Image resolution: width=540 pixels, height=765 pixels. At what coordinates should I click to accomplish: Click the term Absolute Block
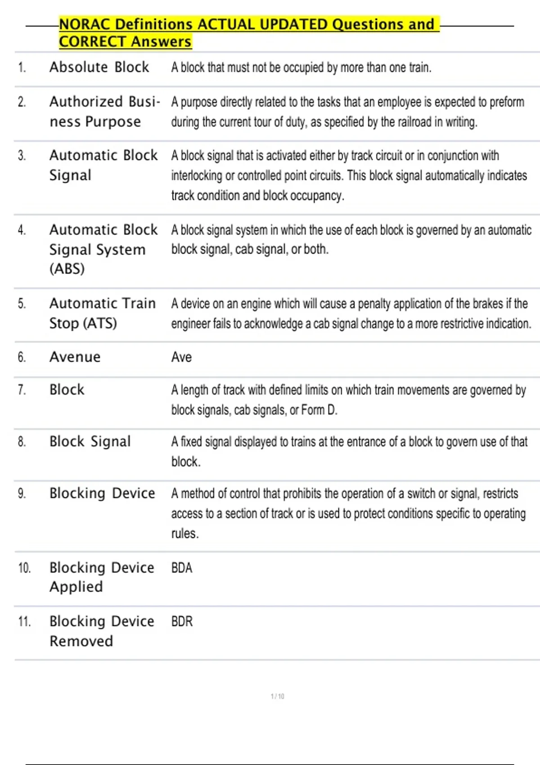click(99, 67)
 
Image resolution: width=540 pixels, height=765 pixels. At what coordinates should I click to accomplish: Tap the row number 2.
click(22, 102)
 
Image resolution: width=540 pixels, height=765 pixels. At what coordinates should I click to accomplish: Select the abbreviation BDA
click(182, 568)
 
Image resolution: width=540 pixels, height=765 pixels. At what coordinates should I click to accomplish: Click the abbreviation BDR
click(182, 621)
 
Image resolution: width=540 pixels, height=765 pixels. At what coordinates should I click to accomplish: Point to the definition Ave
click(181, 357)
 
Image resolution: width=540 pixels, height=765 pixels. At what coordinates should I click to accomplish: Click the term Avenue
click(75, 357)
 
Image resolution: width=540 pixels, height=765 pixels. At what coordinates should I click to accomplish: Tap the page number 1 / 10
click(277, 696)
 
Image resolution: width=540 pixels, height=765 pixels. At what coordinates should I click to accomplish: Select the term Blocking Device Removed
click(102, 631)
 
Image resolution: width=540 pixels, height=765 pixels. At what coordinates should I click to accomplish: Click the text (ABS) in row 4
click(67, 269)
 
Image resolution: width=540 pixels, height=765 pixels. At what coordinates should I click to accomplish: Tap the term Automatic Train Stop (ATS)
click(103, 313)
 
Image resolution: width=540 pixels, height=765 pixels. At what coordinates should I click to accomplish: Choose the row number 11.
click(24, 622)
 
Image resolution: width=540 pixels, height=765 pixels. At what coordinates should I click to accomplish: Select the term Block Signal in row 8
click(90, 441)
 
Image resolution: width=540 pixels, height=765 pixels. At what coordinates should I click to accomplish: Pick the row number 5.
click(22, 304)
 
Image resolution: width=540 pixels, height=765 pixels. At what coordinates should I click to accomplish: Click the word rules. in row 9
click(184, 534)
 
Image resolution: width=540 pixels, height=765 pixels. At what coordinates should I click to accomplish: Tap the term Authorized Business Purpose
click(104, 112)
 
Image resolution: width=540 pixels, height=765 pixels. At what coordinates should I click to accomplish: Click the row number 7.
click(22, 390)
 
